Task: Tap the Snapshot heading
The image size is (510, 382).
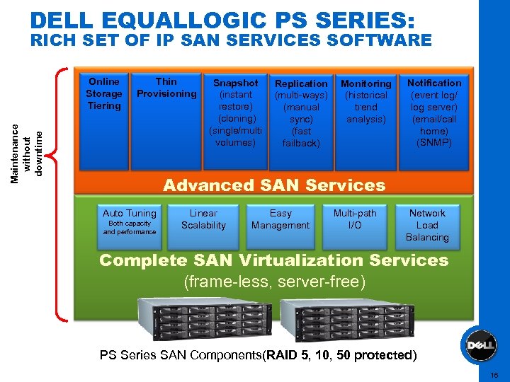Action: [235, 83]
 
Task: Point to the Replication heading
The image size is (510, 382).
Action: [301, 83]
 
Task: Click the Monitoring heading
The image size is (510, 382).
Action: [365, 83]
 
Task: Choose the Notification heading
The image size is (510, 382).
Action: [433, 83]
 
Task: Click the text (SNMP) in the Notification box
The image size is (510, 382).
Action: [433, 143]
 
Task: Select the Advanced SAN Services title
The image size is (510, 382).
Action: [274, 185]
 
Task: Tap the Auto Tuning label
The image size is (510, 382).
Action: [129, 213]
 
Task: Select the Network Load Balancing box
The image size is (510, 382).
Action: [427, 225]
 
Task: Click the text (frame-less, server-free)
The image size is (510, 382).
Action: [274, 282]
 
